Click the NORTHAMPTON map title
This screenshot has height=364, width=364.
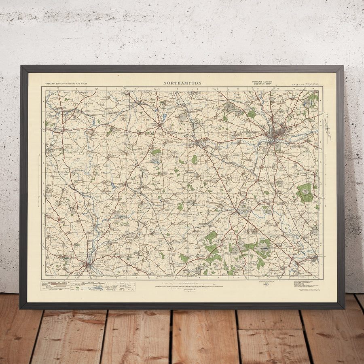click(182, 83)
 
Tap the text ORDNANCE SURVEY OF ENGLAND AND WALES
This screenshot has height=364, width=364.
click(66, 83)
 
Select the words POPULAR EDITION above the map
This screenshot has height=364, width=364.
click(262, 82)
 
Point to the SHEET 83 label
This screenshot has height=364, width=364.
click(298, 85)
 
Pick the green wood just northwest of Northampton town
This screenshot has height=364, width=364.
click(252, 114)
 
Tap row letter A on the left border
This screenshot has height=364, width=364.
click(43, 101)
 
